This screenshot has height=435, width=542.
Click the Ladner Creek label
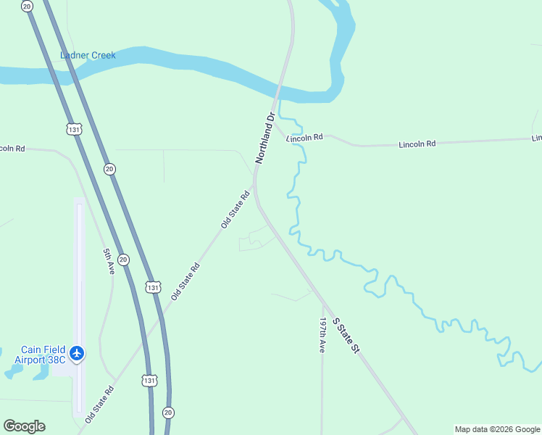(88, 55)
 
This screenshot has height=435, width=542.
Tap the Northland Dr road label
(265, 138)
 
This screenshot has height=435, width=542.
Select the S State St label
(346, 335)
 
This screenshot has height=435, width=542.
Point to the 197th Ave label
(322, 334)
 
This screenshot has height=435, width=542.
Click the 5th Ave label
(108, 261)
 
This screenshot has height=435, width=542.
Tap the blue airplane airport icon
(78, 354)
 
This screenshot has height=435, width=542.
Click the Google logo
(24, 426)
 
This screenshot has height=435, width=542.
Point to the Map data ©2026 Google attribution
(497, 429)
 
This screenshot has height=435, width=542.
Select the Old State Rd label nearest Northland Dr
(235, 210)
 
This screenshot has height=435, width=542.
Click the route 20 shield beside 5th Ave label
(123, 259)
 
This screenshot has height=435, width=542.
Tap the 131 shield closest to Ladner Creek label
(73, 129)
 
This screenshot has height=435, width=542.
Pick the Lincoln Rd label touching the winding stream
(304, 137)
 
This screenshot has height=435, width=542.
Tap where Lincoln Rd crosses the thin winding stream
(296, 141)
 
